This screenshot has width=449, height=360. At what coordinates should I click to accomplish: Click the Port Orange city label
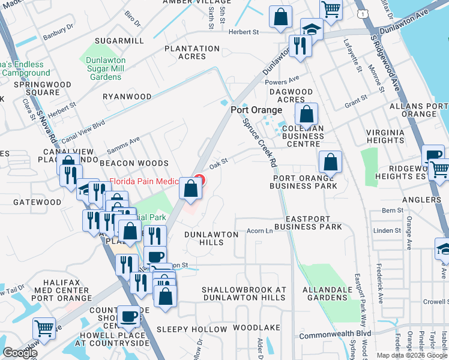click(256, 110)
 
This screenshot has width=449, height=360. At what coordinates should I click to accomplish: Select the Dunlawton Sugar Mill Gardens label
click(112, 68)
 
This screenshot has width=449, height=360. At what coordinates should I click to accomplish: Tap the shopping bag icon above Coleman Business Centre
click(306, 113)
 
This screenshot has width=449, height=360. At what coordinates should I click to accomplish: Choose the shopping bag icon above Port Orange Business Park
click(330, 162)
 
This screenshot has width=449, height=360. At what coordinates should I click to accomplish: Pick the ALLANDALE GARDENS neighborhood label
click(327, 293)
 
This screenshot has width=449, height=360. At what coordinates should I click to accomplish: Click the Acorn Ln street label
click(260, 231)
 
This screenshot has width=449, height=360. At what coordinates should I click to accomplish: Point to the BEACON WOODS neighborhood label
click(134, 163)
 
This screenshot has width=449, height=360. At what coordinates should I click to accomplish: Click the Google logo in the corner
click(19, 352)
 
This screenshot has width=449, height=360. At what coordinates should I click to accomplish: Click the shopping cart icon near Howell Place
click(44, 328)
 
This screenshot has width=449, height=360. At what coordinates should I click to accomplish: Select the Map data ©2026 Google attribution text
click(411, 355)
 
